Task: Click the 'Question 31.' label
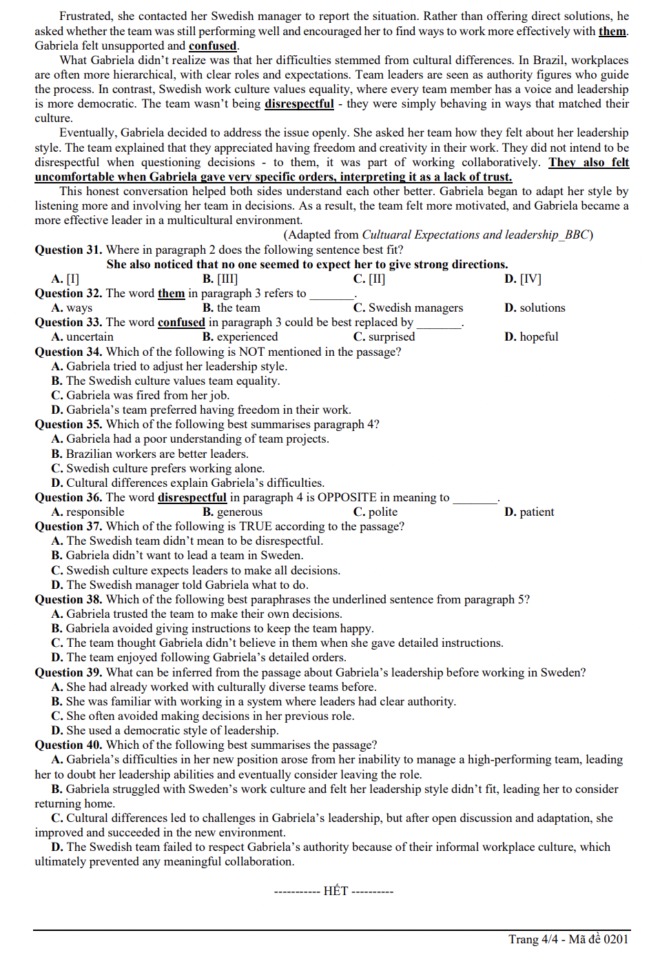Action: click(68, 250)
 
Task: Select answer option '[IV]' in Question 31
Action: click(530, 279)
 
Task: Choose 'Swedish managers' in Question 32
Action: click(415, 308)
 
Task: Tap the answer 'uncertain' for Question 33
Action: click(90, 337)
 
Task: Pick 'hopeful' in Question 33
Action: click(539, 337)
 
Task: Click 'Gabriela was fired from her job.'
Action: click(147, 395)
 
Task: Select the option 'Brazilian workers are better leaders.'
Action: click(157, 454)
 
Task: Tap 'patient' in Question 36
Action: click(537, 512)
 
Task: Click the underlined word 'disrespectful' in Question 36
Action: click(192, 497)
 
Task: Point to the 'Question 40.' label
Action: click(68, 745)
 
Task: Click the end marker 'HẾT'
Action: click(336, 891)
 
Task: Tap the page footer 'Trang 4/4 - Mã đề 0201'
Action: click(568, 939)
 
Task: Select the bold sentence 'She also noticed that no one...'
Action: click(307, 264)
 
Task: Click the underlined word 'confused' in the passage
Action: click(212, 46)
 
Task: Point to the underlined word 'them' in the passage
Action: click(612, 31)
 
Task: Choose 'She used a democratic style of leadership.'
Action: click(172, 730)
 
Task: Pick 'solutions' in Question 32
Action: click(542, 308)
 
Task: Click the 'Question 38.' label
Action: click(68, 599)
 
